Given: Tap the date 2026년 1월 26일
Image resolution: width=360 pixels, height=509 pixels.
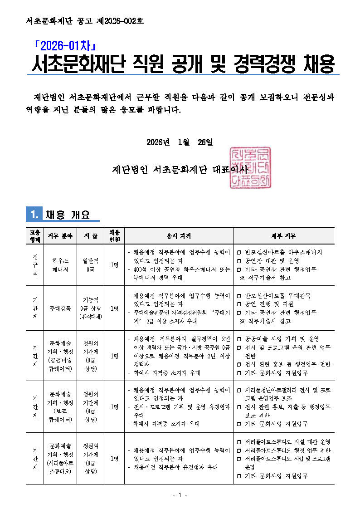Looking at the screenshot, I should click(180, 142).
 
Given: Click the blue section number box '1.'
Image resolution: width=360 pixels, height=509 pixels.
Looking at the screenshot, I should click(34, 214).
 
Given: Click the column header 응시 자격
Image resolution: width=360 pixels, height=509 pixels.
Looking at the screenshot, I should click(179, 236).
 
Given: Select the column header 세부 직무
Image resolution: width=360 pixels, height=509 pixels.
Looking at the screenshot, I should click(283, 236).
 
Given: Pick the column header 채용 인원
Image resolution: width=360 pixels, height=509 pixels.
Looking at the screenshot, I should click(114, 236).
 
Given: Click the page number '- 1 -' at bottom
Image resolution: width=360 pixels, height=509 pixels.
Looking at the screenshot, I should click(180, 495).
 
